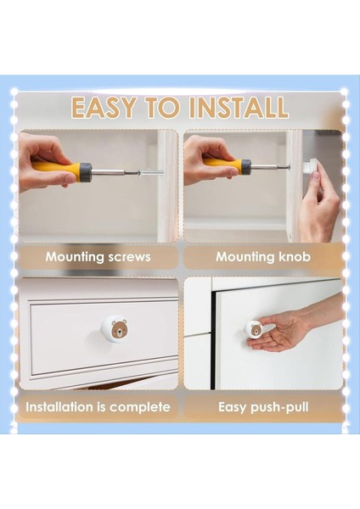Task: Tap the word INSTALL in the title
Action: pyautogui.click(x=239, y=107)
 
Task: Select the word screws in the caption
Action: pyautogui.click(x=129, y=257)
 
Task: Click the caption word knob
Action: pyautogui.click(x=295, y=257)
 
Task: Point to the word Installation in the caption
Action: pyautogui.click(x=59, y=406)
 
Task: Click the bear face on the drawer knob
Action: pyautogui.click(x=119, y=328)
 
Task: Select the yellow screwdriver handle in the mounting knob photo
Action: pyautogui.click(x=222, y=163)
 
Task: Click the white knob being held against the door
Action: pyautogui.click(x=310, y=166)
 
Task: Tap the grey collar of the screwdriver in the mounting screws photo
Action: pyautogui.click(x=86, y=171)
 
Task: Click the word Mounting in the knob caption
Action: pyautogui.click(x=245, y=257)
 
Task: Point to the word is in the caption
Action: pyautogui.click(x=101, y=406)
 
